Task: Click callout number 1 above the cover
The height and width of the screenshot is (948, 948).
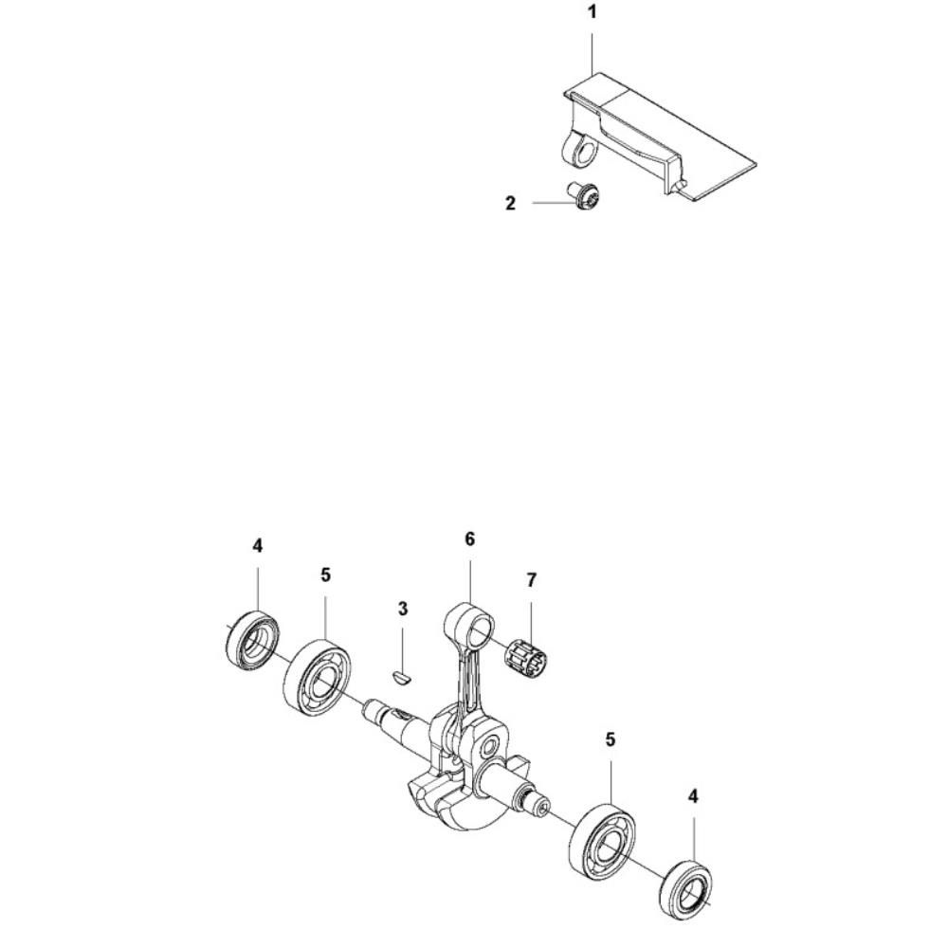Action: tap(592, 11)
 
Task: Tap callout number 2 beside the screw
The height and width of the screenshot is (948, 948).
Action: tap(511, 204)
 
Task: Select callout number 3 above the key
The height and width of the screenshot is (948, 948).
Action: tap(403, 609)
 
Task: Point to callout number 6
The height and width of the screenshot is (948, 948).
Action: tap(470, 538)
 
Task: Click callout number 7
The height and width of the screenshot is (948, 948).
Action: tap(532, 580)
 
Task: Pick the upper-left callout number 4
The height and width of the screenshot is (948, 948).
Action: tap(258, 546)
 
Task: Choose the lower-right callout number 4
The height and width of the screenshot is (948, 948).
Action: tap(694, 796)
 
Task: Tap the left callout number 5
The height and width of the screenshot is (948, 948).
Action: tap(326, 575)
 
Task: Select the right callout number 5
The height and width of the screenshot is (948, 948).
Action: tap(611, 738)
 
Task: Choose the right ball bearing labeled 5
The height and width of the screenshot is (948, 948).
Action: tap(602, 840)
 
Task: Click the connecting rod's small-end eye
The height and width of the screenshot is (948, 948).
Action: tap(470, 629)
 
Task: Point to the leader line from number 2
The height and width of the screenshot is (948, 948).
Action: tap(555, 203)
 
